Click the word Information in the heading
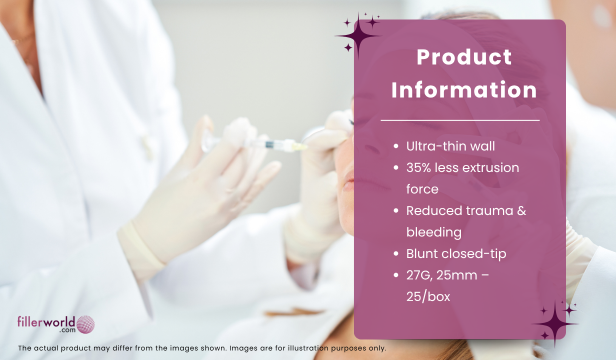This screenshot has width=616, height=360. click(464, 89)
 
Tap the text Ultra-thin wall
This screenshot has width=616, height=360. click(450, 146)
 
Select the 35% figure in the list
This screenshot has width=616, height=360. click(418, 167)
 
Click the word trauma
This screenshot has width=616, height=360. click(490, 210)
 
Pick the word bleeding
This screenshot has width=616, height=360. click(433, 232)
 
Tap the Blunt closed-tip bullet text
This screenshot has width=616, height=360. click(456, 254)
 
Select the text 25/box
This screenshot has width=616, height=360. click(428, 296)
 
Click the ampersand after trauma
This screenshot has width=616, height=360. click(521, 210)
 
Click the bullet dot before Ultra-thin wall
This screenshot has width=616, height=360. click(396, 146)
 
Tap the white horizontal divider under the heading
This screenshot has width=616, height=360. click(460, 120)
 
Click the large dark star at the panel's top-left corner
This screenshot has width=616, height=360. click(358, 36)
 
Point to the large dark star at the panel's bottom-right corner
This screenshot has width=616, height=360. click(555, 323)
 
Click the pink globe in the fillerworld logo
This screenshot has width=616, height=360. click(85, 324)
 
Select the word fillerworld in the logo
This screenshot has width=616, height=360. click(46, 322)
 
